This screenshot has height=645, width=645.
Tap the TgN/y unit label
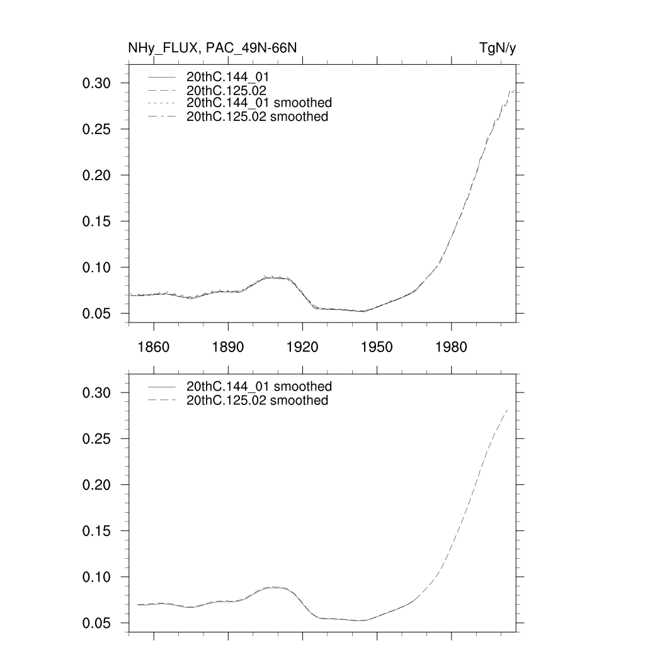click(498, 49)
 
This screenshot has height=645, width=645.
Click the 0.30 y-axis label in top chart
click(97, 83)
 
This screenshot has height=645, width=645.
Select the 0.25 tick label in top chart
click(97, 129)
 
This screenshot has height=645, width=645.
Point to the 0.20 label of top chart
click(97, 175)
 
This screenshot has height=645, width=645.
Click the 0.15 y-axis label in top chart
click(97, 221)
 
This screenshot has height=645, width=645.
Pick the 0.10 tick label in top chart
click(97, 267)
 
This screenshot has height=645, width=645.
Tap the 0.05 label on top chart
click(97, 313)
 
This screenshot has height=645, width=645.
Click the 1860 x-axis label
click(154, 346)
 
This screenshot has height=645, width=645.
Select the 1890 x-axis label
click(228, 346)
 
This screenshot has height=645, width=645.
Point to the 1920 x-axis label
click(302, 346)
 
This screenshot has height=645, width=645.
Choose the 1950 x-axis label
click(377, 346)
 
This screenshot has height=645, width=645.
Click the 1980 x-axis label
click(452, 346)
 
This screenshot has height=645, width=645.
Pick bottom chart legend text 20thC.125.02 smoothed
click(257, 401)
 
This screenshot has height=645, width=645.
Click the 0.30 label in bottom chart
click(97, 392)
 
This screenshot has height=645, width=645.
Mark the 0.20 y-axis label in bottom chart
click(97, 484)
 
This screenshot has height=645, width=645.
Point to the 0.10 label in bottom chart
click(97, 576)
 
